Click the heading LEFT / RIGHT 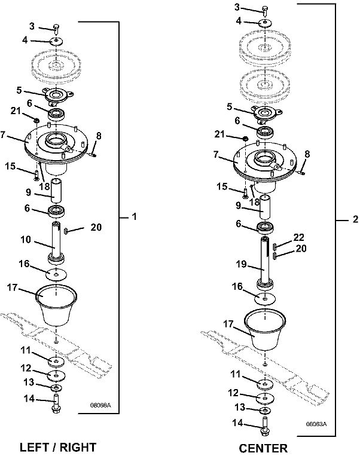58,447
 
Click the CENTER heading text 263,448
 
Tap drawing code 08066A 100,405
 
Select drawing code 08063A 316,424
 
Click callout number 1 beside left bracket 134,217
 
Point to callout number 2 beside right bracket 355,219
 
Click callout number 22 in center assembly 298,237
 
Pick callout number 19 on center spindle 241,264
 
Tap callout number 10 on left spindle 26,240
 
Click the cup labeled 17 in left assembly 56,304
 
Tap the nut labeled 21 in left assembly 36,120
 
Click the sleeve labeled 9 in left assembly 56,191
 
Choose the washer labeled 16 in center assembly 265,299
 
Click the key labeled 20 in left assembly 66,231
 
